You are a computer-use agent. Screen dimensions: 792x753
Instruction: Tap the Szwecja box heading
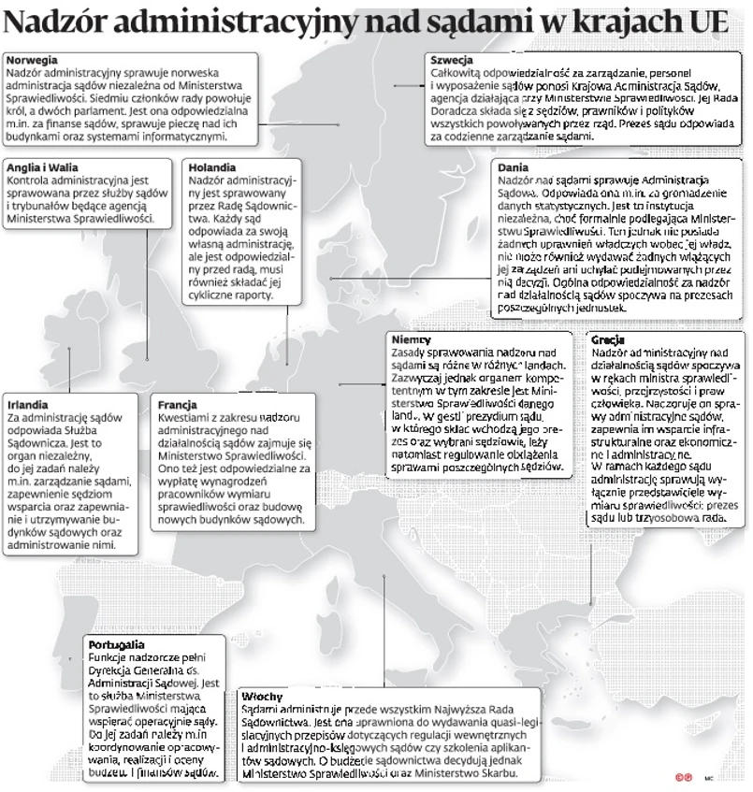451,60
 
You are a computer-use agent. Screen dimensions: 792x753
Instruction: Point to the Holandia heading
211,166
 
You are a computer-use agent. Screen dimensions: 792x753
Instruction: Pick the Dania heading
514,166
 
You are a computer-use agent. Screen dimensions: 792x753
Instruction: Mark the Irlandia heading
28,405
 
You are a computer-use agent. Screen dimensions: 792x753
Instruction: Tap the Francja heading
178,405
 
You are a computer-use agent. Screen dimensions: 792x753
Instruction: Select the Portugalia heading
116,644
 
